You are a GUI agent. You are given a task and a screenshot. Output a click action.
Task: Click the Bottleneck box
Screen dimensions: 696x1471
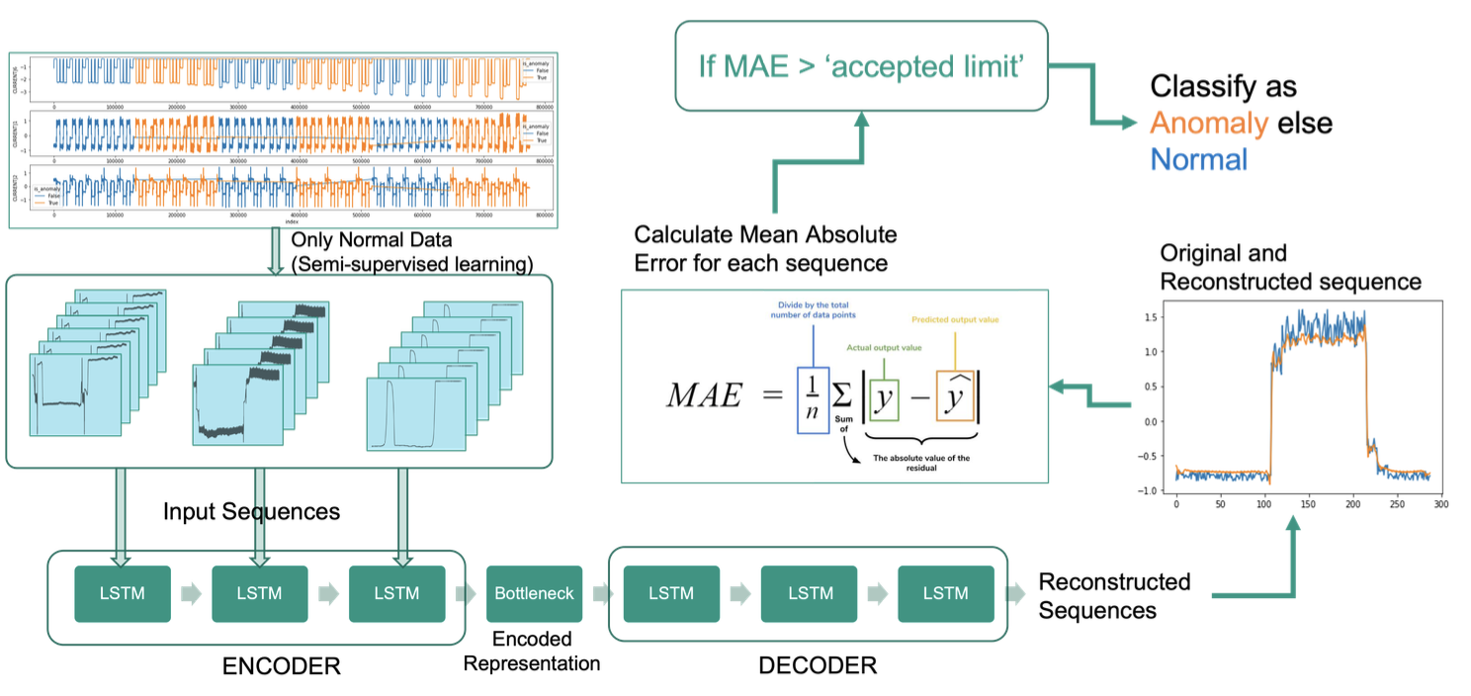[x=534, y=593]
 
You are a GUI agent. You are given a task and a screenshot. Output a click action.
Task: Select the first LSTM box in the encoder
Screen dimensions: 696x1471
[x=123, y=593]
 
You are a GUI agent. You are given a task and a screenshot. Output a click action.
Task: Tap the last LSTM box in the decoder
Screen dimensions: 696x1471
[x=945, y=593]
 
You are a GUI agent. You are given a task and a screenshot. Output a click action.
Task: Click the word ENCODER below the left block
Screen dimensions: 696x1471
[x=282, y=665]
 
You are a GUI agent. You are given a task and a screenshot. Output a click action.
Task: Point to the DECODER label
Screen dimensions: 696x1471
[x=817, y=665]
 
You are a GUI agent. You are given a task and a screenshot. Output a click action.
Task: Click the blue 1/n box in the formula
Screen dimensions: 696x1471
[x=813, y=399]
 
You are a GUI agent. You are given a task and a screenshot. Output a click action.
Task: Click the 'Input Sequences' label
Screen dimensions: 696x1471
[x=251, y=511]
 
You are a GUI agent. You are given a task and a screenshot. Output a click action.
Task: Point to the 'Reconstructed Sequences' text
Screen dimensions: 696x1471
[x=1114, y=596]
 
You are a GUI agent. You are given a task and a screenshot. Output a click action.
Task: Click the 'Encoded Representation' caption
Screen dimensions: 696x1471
[x=531, y=652]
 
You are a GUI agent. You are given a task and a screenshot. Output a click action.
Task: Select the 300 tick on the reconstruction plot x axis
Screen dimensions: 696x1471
[x=1440, y=504]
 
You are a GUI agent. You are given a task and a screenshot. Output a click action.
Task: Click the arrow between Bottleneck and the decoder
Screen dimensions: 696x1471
[x=598, y=594]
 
